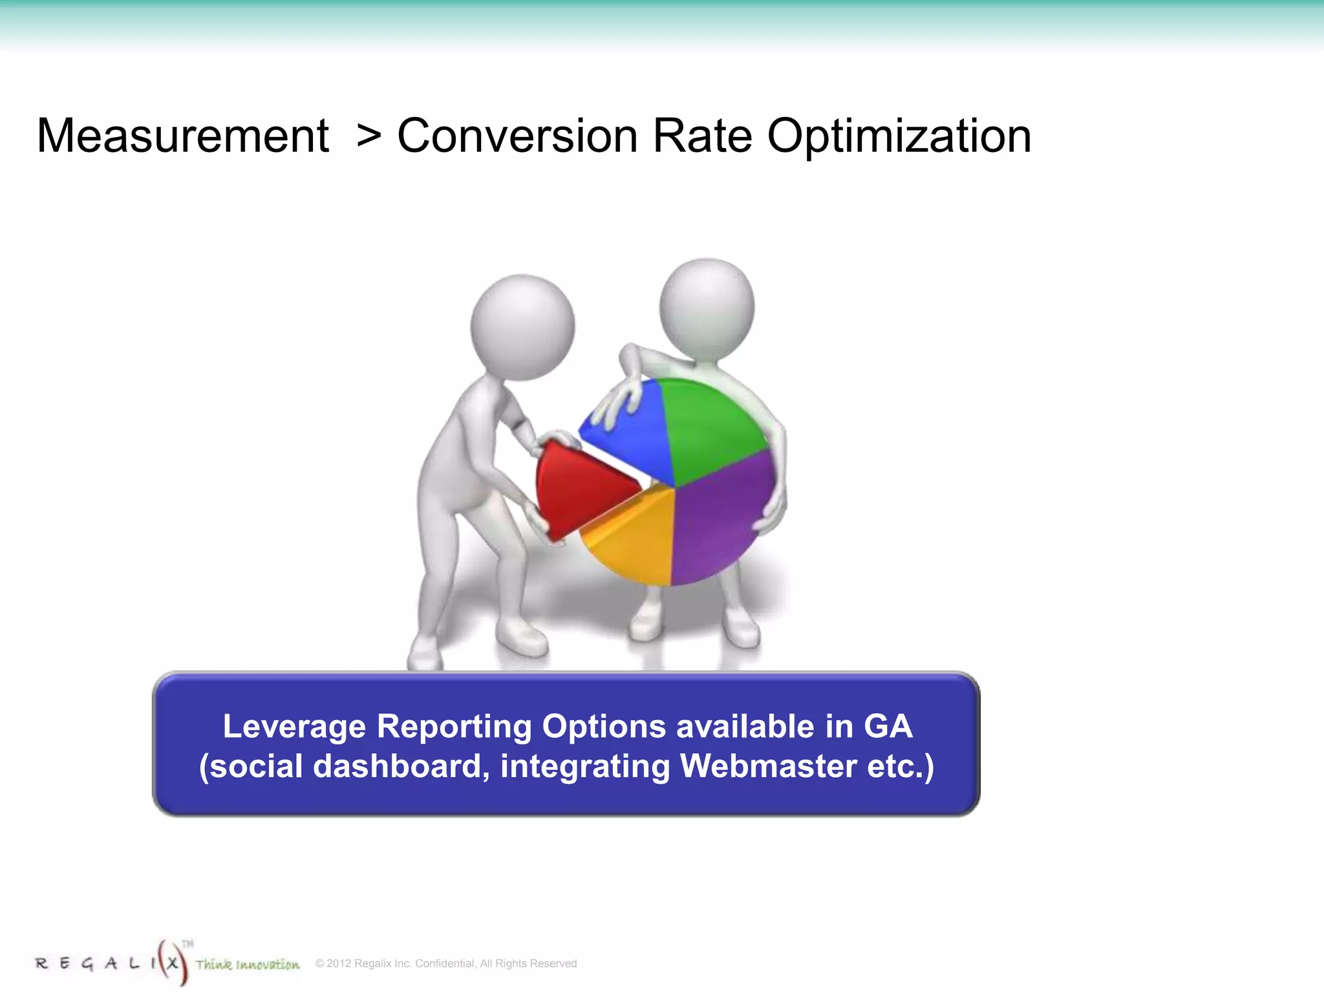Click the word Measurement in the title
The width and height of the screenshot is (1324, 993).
click(x=183, y=136)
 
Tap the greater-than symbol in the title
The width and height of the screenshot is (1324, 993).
click(x=368, y=136)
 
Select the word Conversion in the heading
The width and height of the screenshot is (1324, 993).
click(x=517, y=136)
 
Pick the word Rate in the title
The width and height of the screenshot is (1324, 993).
click(x=702, y=136)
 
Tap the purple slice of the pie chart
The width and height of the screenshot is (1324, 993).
click(x=721, y=517)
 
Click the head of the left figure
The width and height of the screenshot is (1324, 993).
click(x=522, y=326)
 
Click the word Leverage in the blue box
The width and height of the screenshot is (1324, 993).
click(x=294, y=726)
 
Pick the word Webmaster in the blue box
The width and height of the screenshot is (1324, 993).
click(x=767, y=766)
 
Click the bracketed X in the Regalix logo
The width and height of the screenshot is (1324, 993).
click(x=172, y=963)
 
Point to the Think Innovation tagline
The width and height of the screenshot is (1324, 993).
click(x=248, y=965)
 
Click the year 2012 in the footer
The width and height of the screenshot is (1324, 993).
click(x=339, y=963)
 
